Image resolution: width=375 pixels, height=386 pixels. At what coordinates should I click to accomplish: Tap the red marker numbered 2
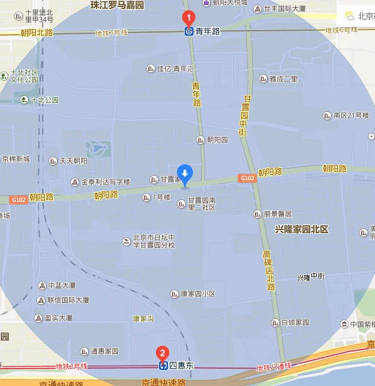click(x=163, y=353)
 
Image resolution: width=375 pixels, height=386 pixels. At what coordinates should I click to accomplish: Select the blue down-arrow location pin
click(x=185, y=174)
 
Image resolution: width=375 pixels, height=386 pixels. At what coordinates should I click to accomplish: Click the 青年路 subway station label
click(x=207, y=31)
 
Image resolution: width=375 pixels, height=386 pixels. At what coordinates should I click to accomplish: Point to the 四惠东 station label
click(x=181, y=366)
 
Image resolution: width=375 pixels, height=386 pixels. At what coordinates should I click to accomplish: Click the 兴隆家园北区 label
click(x=302, y=229)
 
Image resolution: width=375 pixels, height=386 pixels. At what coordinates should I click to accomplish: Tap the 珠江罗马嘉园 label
click(x=118, y=5)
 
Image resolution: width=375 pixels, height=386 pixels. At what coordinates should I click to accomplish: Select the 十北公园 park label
click(x=44, y=100)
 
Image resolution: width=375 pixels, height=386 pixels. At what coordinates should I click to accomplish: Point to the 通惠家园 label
click(x=105, y=351)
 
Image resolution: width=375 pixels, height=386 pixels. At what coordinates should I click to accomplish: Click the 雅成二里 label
click(x=283, y=79)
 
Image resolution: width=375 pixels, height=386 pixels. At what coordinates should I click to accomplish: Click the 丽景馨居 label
click(x=277, y=213)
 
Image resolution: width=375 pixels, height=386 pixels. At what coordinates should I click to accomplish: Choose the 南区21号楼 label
click(x=351, y=116)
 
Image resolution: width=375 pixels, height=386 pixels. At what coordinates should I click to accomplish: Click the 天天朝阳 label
click(x=73, y=161)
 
